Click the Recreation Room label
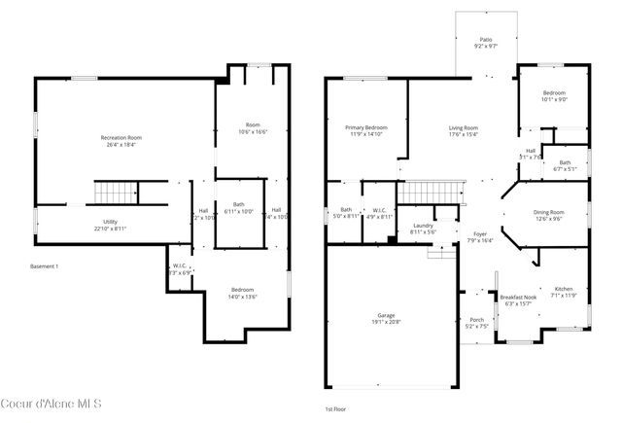[x=121, y=142]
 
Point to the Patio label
[x=486, y=43]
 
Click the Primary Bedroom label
[x=366, y=131]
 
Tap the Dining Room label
[x=548, y=215]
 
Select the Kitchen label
[x=564, y=292]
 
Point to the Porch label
[x=477, y=323]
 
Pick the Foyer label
[x=480, y=237]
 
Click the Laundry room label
[x=422, y=229]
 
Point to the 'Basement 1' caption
[x=45, y=265]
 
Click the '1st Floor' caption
[x=334, y=410]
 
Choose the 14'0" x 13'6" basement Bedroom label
[x=243, y=293]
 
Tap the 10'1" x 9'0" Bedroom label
[x=555, y=95]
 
